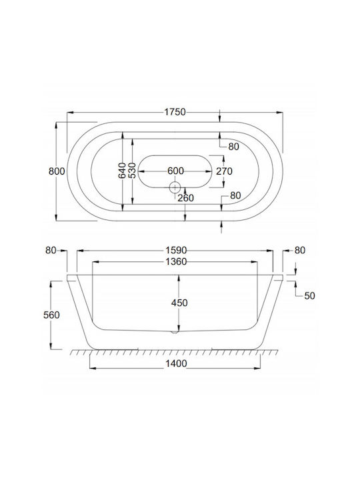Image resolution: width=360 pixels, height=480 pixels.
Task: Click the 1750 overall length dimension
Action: (175, 112)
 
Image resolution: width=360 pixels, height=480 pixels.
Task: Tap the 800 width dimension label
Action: (57, 171)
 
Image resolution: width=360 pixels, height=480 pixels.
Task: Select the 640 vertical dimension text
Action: (122, 171)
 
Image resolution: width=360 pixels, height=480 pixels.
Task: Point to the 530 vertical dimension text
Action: (132, 171)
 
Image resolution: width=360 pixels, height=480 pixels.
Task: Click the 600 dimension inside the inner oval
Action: (175, 171)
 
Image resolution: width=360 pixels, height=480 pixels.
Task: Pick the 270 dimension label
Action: (224, 171)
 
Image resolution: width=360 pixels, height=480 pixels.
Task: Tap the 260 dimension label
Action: (186, 198)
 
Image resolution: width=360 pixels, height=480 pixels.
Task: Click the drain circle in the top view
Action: (175, 187)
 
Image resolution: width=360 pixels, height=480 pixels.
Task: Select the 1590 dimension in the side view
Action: (176, 251)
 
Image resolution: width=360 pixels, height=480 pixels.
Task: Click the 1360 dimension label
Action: (176, 262)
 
